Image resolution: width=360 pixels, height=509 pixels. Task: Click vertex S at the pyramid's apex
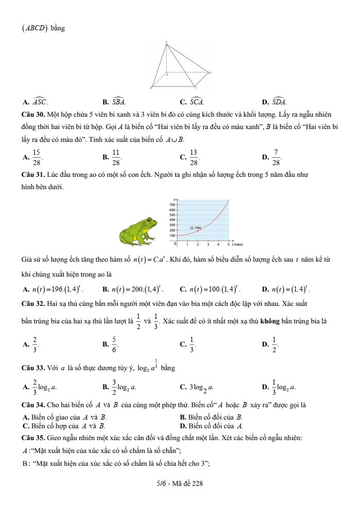167,43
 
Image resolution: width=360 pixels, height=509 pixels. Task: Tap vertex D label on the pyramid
210,72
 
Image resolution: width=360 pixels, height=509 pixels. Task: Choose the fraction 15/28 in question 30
37,156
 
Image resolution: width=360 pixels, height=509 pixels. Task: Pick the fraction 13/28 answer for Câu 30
193,156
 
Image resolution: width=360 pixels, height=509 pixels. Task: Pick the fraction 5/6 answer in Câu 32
115,344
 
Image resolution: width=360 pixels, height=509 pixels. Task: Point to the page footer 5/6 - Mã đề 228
179,483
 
